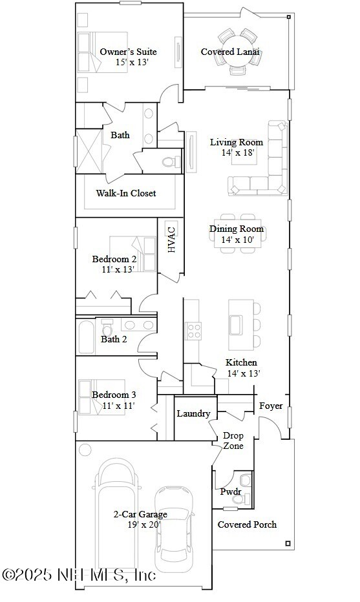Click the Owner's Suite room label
pos(128,52)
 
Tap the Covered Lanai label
pos(230,52)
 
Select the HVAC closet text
pos(171,240)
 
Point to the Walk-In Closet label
pos(126,192)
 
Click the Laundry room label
pos(193,413)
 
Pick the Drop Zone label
pos(233,441)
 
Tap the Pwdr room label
pos(231,492)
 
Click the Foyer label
pos(271,406)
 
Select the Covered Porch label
pos(247,524)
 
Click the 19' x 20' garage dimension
pos(144,525)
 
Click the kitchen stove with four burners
pos(193,331)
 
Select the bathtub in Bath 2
pos(86,337)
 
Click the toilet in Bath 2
pos(107,329)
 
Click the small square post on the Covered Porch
pos(288,543)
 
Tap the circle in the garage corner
pos(85,449)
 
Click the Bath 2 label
pos(114,339)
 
